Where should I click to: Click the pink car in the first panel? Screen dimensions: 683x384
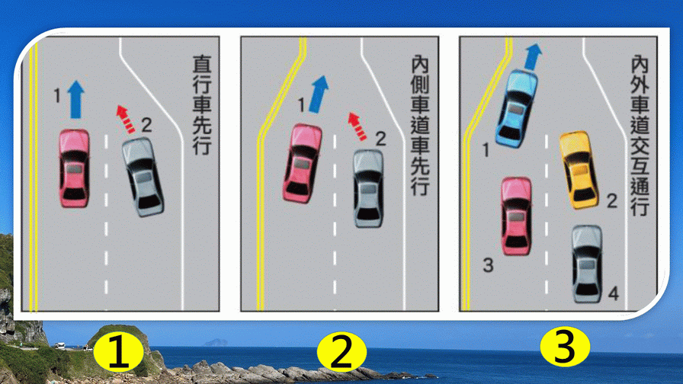click(75, 168)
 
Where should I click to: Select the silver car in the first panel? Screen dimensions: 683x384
click(143, 177)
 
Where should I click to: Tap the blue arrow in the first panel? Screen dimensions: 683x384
click(75, 99)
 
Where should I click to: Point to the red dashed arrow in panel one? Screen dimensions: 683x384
click(126, 119)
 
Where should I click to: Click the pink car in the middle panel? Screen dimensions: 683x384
click(303, 163)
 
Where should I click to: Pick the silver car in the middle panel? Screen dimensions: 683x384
click(368, 188)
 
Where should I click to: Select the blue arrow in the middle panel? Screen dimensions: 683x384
click(319, 94)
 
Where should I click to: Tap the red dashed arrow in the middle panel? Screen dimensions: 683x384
click(358, 126)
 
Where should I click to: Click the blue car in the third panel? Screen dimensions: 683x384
click(517, 109)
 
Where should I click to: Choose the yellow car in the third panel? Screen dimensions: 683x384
click(579, 170)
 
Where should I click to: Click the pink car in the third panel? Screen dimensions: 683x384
click(516, 216)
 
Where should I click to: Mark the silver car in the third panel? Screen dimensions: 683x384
click(587, 264)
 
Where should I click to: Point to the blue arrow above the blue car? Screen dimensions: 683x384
click(532, 56)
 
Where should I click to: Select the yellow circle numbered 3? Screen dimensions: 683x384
click(565, 348)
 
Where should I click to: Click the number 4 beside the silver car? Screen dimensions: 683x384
click(614, 294)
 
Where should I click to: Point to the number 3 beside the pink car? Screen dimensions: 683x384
click(488, 264)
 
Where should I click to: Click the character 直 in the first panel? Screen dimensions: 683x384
click(202, 64)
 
